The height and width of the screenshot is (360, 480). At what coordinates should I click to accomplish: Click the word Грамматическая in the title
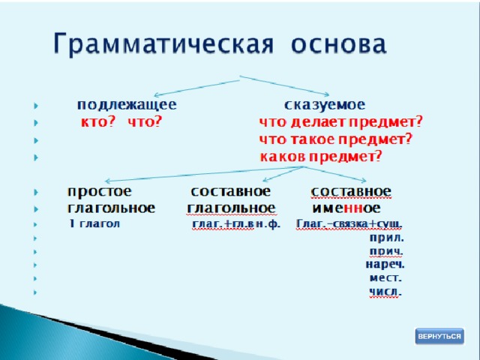(163, 44)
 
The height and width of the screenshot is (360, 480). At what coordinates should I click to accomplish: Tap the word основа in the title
(339, 45)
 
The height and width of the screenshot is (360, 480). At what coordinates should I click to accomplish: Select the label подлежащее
(127, 105)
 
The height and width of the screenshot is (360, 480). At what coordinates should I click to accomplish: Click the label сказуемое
(325, 105)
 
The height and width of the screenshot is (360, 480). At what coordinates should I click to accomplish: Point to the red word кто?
(98, 122)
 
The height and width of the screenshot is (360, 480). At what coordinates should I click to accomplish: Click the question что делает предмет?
(340, 122)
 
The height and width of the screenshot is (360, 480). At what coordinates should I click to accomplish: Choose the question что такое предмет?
(336, 140)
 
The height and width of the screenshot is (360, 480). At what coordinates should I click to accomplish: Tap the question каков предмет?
(321, 157)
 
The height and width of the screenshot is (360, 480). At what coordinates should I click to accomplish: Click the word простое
(100, 192)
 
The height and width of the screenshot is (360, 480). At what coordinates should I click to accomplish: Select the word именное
(346, 208)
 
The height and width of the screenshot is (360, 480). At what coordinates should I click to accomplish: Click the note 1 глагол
(94, 223)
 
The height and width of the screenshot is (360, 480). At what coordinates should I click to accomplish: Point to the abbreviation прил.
(387, 238)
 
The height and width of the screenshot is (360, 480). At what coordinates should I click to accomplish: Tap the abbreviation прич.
(386, 251)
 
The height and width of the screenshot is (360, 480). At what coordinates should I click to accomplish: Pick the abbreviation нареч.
(385, 264)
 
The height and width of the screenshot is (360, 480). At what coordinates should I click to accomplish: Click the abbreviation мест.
(385, 278)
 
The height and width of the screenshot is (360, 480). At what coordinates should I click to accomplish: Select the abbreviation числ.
(385, 292)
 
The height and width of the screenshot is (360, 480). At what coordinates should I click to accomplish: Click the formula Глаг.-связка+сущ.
(349, 224)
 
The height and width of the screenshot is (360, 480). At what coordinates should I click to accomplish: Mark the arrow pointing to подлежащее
(196, 88)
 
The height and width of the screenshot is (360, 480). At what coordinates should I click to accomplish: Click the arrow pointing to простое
(204, 174)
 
